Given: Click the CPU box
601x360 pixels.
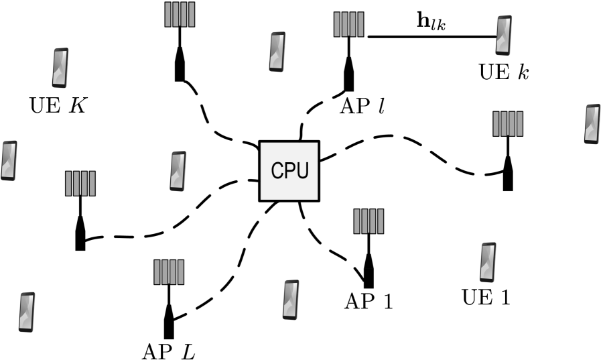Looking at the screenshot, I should pyautogui.click(x=289, y=171).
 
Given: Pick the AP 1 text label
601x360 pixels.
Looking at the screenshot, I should pyautogui.click(x=369, y=301).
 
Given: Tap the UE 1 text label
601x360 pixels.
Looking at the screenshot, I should pyautogui.click(x=486, y=296).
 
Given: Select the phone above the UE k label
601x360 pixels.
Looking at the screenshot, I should pyautogui.click(x=503, y=36).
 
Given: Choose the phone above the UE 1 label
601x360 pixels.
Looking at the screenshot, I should pyautogui.click(x=488, y=262).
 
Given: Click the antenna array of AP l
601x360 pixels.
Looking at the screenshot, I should pyautogui.click(x=348, y=25).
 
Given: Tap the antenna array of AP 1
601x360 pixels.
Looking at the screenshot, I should pyautogui.click(x=369, y=221).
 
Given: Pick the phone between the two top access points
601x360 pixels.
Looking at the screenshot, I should pyautogui.click(x=277, y=51).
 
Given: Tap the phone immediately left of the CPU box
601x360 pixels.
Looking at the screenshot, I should pyautogui.click(x=178, y=171).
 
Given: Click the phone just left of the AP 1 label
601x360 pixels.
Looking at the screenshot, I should pyautogui.click(x=290, y=300).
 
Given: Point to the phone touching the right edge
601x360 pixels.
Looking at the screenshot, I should pyautogui.click(x=592, y=124).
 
